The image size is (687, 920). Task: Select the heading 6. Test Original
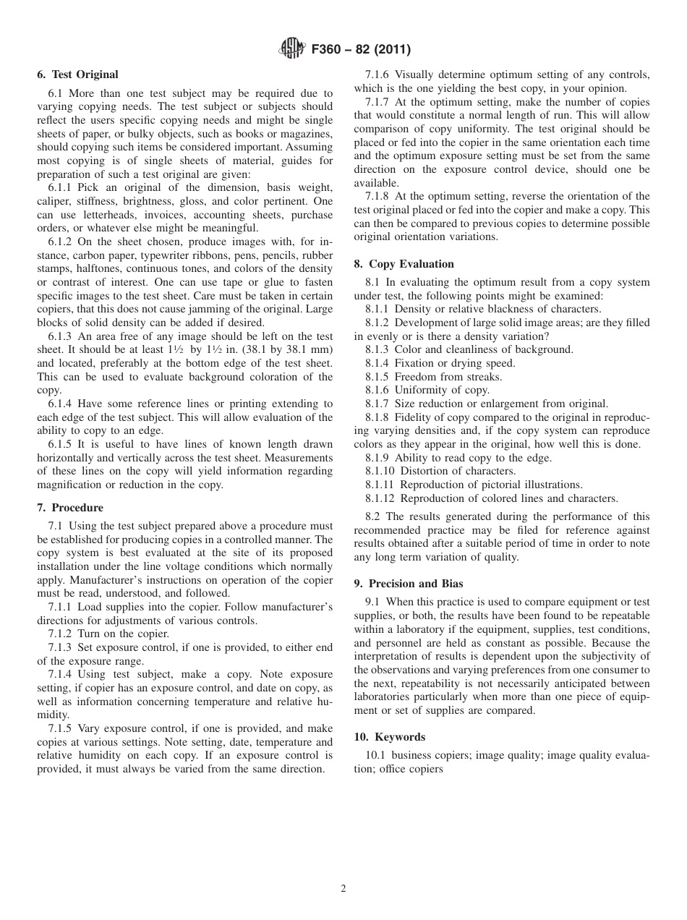(77, 74)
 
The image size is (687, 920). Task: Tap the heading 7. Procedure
(69, 508)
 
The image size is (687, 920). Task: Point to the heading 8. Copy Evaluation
(404, 264)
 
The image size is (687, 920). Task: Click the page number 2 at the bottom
(343, 889)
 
